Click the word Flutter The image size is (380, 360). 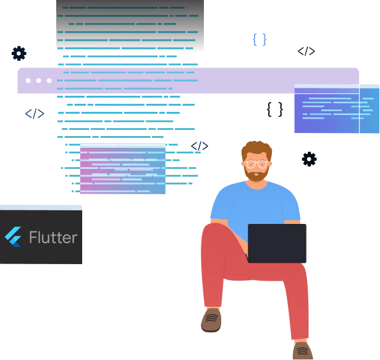point(53,238)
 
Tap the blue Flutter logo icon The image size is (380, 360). point(13,237)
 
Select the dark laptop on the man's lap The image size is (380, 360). point(277,243)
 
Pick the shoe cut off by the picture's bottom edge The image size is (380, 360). point(302,351)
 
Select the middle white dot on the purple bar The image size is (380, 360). point(39,80)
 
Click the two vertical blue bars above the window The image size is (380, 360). point(260,40)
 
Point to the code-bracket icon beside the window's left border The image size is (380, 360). point(35,113)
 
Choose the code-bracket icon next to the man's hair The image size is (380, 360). point(200,146)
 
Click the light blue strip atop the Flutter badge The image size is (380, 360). point(41,207)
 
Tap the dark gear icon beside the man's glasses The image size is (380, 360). point(308,158)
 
